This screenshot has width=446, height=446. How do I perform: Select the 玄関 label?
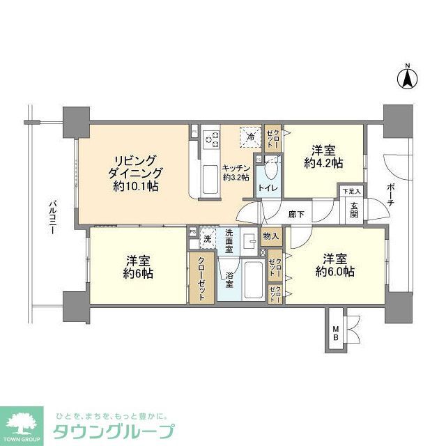click(x=353, y=210)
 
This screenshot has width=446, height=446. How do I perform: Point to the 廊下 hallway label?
click(x=295, y=215)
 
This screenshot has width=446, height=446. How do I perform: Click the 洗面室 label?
click(x=229, y=240)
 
